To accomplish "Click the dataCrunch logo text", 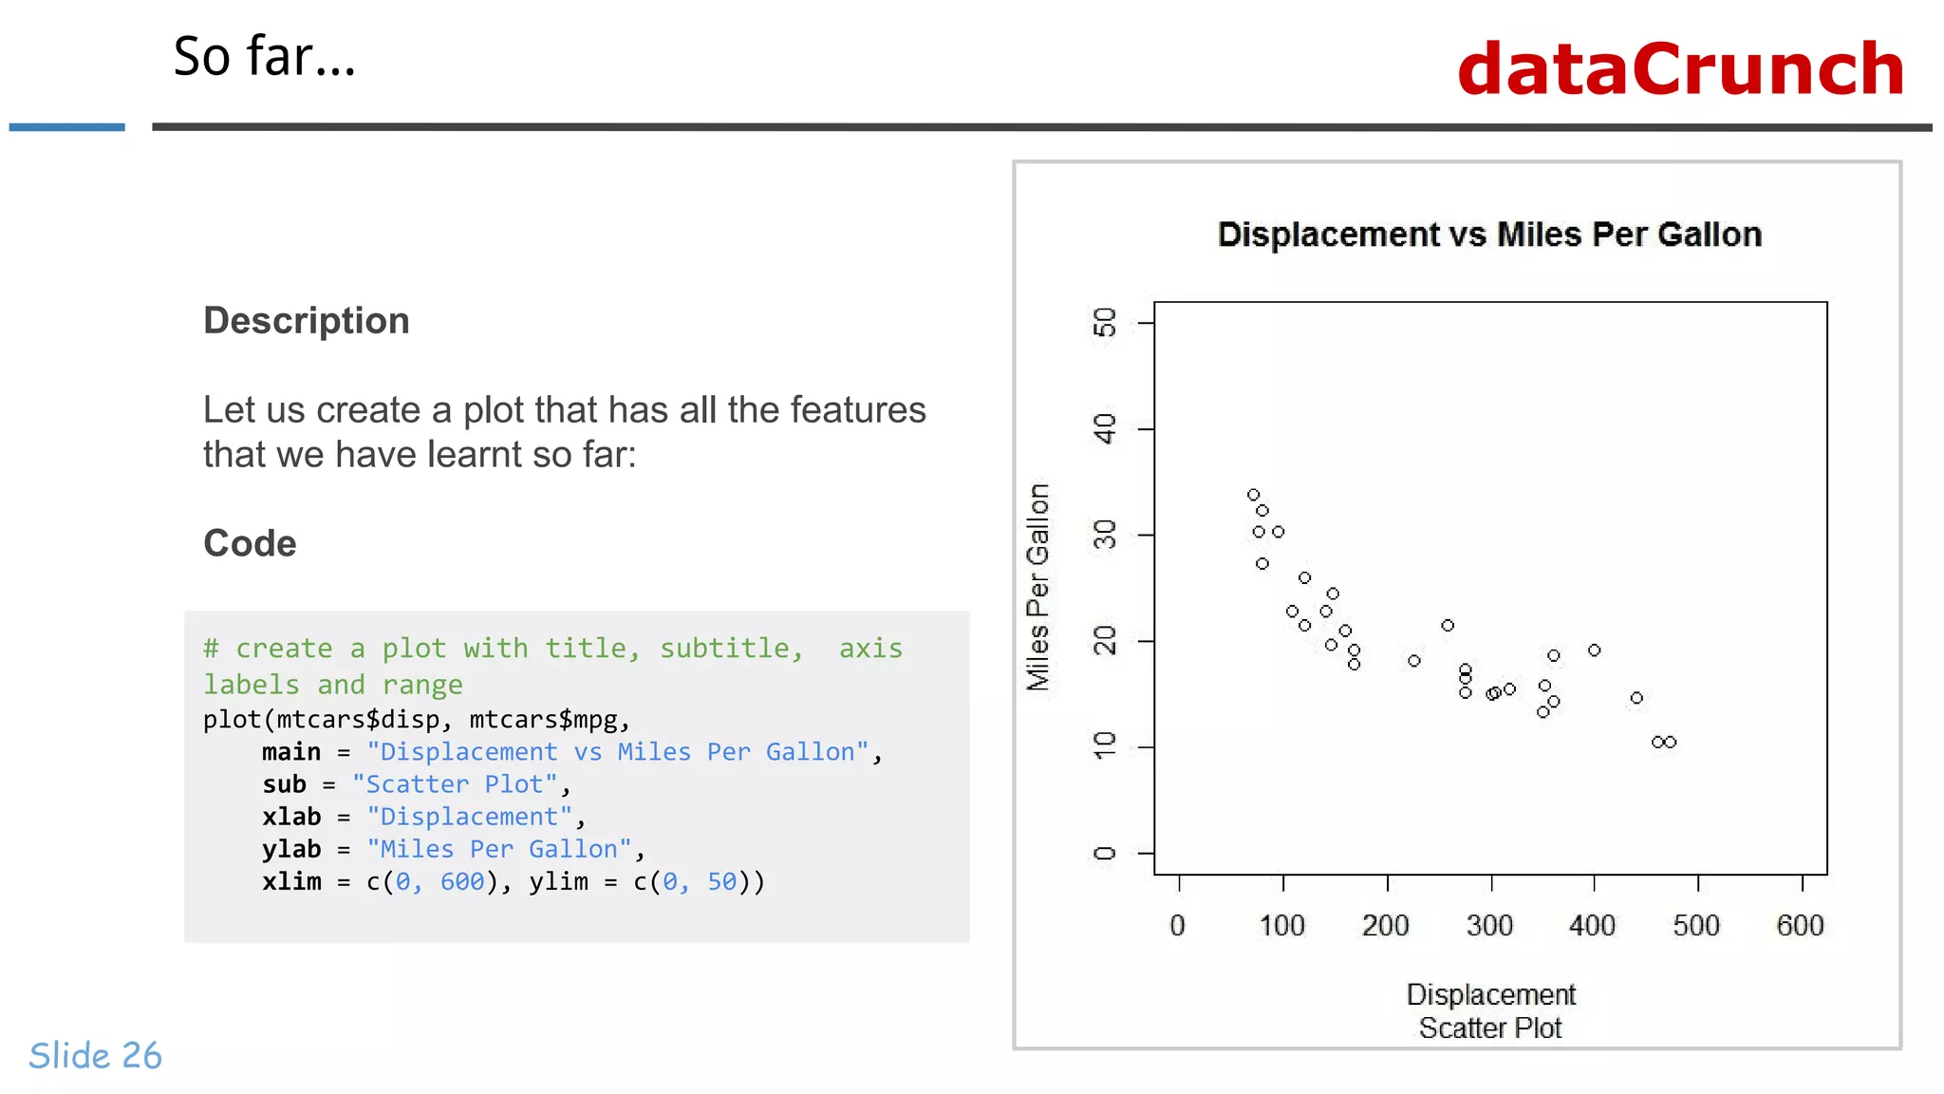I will [x=1680, y=69].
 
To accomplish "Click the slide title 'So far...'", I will [x=264, y=57].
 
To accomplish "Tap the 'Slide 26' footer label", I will [x=95, y=1055].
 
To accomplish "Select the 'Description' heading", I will [x=306, y=321].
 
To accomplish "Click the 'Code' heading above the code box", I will [x=250, y=543].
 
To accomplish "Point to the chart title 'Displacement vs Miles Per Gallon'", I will [x=1489, y=235].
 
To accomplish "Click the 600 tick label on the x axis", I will [x=1800, y=926].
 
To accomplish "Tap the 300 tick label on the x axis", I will [x=1489, y=926].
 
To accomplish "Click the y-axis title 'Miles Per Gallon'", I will [x=1038, y=587].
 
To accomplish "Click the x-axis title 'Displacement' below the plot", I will [x=1490, y=994].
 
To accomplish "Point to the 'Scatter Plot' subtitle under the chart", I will [x=1490, y=1028].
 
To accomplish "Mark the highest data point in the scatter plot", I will [x=1253, y=495].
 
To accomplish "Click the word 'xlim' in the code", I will [x=291, y=881].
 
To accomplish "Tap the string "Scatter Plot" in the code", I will [x=455, y=784].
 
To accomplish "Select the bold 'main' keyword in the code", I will [x=291, y=752].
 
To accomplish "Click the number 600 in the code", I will [x=462, y=881].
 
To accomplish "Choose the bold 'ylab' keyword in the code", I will [x=291, y=849].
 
